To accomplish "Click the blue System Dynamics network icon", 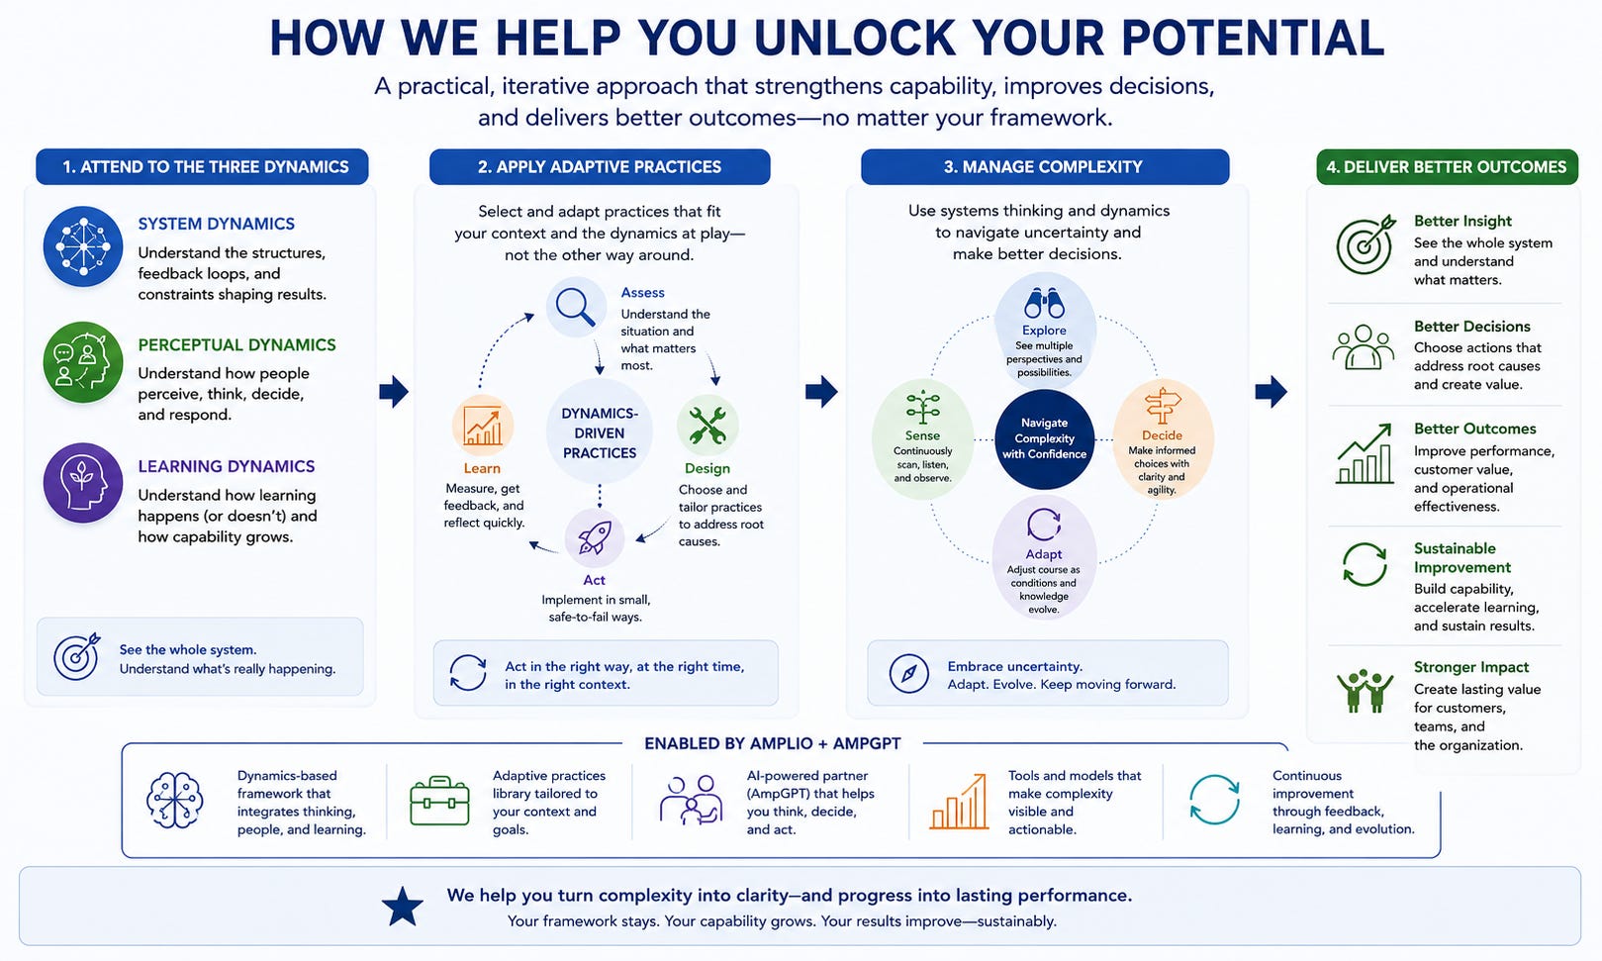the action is tap(83, 246).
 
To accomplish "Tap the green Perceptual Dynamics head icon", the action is tap(83, 362).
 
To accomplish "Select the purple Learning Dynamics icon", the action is tap(83, 483).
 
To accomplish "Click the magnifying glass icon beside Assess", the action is tap(576, 306).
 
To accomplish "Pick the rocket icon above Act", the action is tap(595, 538).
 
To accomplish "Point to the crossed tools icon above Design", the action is tap(707, 426).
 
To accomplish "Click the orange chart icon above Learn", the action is tap(483, 426).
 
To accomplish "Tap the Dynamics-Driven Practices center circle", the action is tap(600, 432).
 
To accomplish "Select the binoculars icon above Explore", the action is tap(1044, 304).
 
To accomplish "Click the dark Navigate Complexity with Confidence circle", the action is tap(1044, 438).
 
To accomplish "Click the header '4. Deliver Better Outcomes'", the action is tap(1447, 166).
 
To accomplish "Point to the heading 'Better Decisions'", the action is tap(1471, 327).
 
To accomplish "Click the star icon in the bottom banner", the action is tap(403, 907).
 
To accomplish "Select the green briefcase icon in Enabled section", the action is tap(440, 801).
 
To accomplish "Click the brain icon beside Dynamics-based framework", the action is tap(174, 800).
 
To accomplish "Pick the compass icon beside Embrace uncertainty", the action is tap(909, 673).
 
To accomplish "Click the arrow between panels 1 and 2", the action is tap(394, 391).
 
